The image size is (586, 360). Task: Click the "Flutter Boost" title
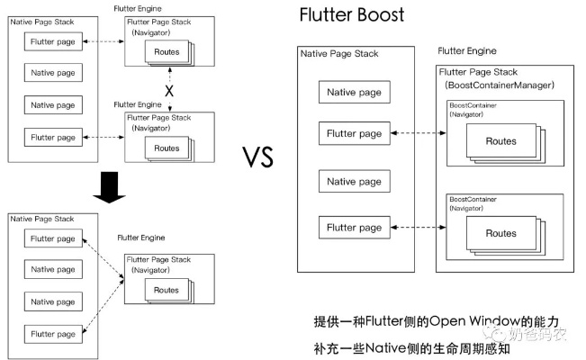[352, 15]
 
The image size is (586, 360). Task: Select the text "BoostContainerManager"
[499, 85]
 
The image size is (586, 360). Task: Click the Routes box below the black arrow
[166, 290]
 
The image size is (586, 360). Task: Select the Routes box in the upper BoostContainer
[500, 141]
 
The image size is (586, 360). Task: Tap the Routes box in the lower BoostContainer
[500, 233]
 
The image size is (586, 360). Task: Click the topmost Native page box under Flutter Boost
[354, 92]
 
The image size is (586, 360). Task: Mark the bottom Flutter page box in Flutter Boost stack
[354, 228]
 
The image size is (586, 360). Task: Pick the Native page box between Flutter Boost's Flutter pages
[354, 182]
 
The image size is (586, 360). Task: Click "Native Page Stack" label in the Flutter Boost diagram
[340, 55]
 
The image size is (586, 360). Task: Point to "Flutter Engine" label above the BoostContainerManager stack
[467, 51]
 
